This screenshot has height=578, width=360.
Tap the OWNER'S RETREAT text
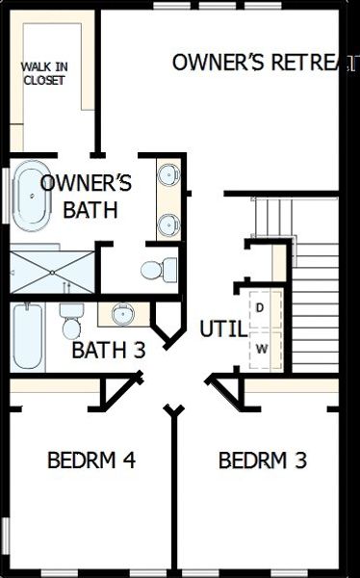click(x=260, y=63)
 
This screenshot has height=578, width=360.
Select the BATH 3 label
click(x=108, y=350)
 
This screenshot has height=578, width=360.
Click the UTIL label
click(x=219, y=328)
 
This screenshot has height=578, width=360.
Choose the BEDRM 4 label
click(x=91, y=460)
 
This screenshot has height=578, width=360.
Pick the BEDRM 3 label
click(x=263, y=460)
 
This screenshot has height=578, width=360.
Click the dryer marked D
click(x=260, y=307)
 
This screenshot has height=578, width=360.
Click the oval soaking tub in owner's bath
click(x=33, y=197)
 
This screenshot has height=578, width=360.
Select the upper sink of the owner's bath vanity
click(x=169, y=176)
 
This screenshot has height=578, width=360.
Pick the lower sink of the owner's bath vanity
click(x=169, y=224)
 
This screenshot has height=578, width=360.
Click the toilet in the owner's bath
click(x=158, y=268)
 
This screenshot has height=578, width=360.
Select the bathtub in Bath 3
click(x=28, y=337)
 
